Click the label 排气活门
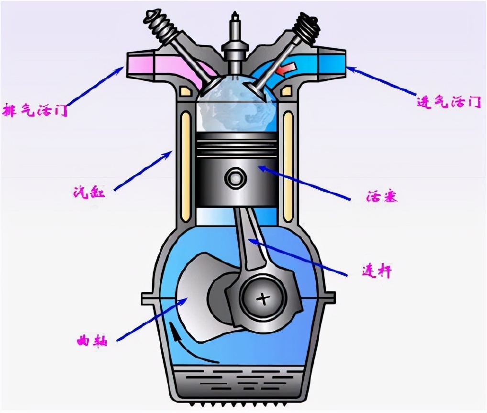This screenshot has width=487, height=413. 35,110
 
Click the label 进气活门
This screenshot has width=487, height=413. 448,101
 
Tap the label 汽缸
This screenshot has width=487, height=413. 89,192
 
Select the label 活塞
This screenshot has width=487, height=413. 381,196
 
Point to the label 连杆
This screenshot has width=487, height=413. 377,271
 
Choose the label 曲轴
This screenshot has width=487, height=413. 92,341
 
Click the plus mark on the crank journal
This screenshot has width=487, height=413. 263,299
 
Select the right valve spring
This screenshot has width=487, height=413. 306,27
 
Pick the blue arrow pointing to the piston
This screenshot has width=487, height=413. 305,183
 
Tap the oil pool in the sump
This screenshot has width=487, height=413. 241,383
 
